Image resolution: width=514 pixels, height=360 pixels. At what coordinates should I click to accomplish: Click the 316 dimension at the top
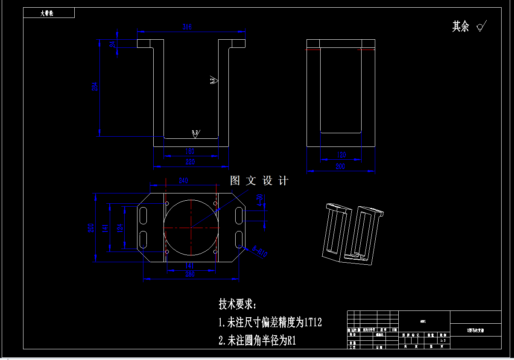pyautogui.click(x=187, y=27)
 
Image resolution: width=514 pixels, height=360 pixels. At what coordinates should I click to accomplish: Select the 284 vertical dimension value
pyautogui.click(x=95, y=86)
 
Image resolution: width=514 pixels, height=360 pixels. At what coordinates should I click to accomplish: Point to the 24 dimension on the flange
pyautogui.click(x=112, y=44)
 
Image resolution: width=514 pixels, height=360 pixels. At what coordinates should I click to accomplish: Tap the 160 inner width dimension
pyautogui.click(x=190, y=151)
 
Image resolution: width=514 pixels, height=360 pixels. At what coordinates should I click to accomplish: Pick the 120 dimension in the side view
pyautogui.click(x=341, y=155)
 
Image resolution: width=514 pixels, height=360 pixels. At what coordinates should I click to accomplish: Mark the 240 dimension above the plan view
pyautogui.click(x=183, y=181)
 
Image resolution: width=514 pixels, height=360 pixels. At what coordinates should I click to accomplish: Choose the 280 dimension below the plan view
pyautogui.click(x=190, y=274)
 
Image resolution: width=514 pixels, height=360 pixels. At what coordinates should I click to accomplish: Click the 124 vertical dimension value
pyautogui.click(x=120, y=227)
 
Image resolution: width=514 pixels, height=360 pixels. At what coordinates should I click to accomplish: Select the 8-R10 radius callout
pyautogui.click(x=260, y=251)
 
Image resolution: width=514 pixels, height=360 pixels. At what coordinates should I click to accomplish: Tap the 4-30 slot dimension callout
pyautogui.click(x=260, y=199)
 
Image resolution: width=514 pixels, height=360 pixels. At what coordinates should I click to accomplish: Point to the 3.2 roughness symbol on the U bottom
pyautogui.click(x=196, y=134)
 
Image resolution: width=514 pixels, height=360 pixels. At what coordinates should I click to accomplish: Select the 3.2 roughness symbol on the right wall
pyautogui.click(x=213, y=80)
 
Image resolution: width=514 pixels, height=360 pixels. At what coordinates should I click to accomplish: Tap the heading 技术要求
pyautogui.click(x=237, y=304)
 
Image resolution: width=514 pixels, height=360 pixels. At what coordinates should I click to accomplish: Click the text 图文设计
pyautogui.click(x=259, y=181)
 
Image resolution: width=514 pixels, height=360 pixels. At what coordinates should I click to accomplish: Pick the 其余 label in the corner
pyautogui.click(x=461, y=26)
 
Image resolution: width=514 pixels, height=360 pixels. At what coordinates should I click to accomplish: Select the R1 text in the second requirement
pyautogui.click(x=292, y=341)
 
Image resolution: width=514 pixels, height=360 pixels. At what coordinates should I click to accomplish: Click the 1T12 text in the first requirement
pyautogui.click(x=312, y=322)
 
